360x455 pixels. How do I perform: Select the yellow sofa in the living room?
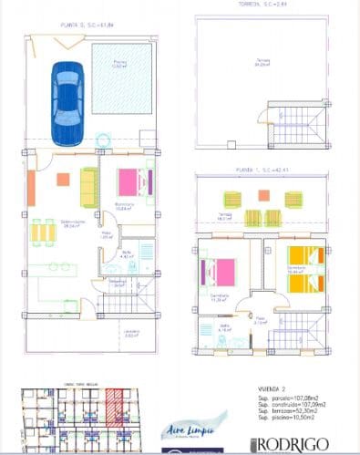(88, 188)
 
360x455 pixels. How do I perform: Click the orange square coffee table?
(63, 180)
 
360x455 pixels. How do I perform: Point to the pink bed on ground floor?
(129, 182)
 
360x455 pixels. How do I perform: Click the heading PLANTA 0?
(85, 26)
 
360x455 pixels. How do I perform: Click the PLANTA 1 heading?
(259, 170)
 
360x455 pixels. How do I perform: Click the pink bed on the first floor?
(219, 271)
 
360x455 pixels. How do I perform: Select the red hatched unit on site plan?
(113, 408)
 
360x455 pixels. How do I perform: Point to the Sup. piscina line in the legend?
(291, 419)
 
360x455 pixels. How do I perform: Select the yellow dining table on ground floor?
(43, 232)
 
